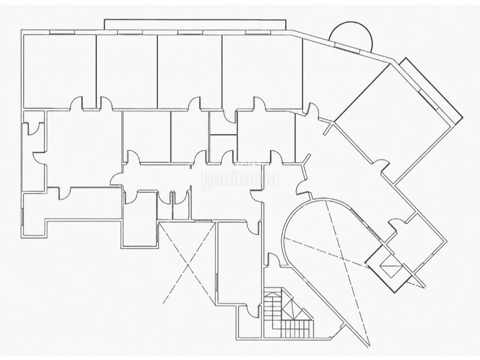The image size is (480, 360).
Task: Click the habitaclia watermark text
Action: click(x=240, y=179)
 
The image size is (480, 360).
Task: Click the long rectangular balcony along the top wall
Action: click(x=195, y=25)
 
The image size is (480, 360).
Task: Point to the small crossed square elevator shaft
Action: click(x=389, y=266)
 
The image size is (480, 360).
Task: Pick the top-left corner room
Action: click(x=59, y=71)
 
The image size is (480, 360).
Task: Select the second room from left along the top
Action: click(x=127, y=71)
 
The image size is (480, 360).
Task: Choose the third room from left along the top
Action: click(x=190, y=71)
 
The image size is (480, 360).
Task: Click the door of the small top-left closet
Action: click(x=33, y=128)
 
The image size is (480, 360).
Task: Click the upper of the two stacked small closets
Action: click(x=223, y=122)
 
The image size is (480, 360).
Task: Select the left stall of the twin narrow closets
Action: click(x=164, y=205)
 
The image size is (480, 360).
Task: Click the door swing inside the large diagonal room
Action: click(x=381, y=166)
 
